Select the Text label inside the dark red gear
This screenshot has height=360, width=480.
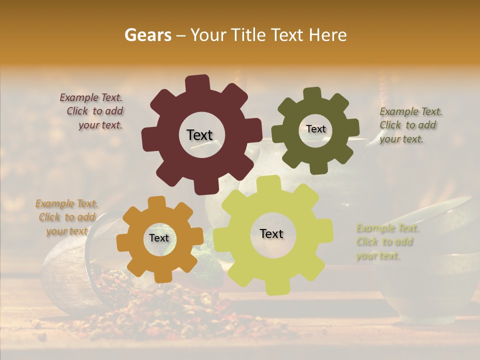199,135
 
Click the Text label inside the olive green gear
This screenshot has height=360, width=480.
315,129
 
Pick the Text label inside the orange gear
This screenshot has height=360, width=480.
159,238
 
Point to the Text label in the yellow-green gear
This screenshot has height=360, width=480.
271,233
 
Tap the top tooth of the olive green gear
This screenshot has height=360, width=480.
312,94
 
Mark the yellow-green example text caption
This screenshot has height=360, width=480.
386,242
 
